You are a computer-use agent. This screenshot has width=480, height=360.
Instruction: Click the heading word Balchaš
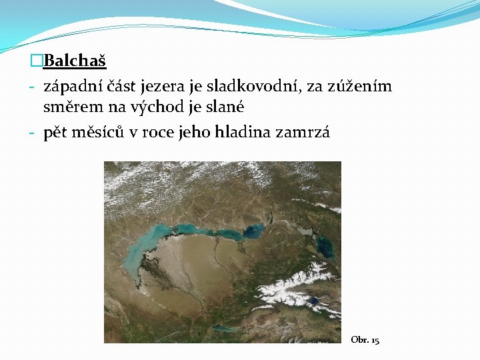pos(75,62)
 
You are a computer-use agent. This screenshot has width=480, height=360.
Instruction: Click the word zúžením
pos(361,87)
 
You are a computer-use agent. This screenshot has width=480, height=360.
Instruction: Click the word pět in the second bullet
pos(56,133)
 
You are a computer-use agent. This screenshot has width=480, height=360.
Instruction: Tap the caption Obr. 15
pos(365,340)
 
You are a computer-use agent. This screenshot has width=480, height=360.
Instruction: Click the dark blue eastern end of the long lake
pos(252,233)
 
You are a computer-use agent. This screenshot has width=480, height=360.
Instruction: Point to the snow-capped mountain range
pos(293,283)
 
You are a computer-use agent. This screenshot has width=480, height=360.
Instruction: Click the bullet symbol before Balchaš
pos(36,62)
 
